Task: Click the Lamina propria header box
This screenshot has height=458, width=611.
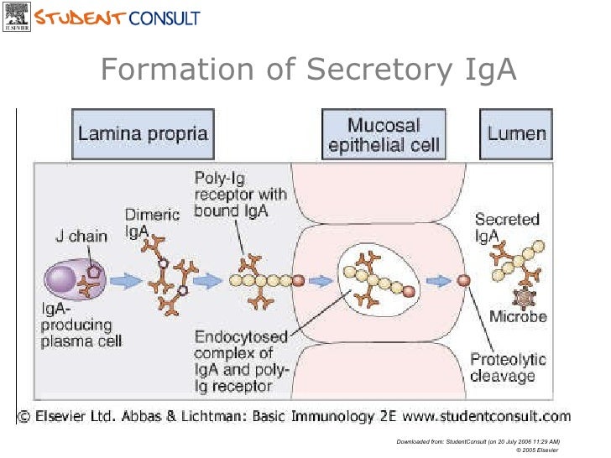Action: (142, 133)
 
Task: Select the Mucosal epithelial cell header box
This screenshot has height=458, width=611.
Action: (384, 133)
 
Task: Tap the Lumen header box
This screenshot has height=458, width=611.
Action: (517, 133)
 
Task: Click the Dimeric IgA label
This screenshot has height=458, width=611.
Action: (152, 221)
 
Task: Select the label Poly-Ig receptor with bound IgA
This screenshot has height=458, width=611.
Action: (240, 194)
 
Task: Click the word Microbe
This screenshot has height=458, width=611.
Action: (518, 317)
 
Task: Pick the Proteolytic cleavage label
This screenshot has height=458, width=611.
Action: (507, 368)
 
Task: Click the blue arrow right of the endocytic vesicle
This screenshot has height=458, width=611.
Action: (436, 281)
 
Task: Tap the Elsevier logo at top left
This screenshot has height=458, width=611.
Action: (15, 17)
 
